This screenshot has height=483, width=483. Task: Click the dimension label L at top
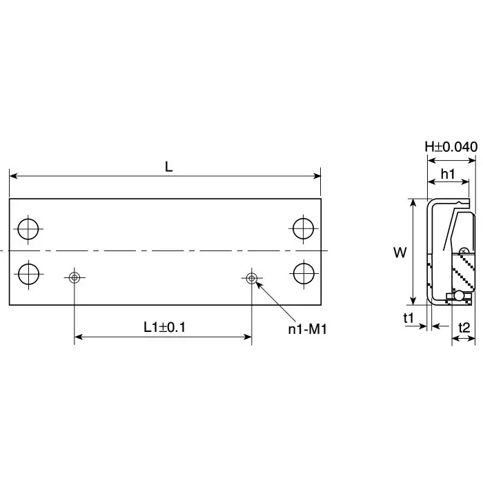click(168, 166)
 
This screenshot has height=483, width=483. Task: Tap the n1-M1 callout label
click(306, 329)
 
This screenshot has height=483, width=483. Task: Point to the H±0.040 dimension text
click(451, 146)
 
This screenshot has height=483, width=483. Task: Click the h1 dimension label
click(447, 175)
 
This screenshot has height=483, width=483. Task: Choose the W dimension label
click(400, 253)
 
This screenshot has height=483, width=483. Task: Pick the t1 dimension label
click(408, 318)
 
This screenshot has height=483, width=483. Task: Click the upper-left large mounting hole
click(28, 228)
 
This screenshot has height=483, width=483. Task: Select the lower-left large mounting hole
click(28, 273)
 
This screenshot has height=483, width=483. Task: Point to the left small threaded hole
click(75, 278)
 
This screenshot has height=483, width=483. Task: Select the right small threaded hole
click(251, 278)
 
